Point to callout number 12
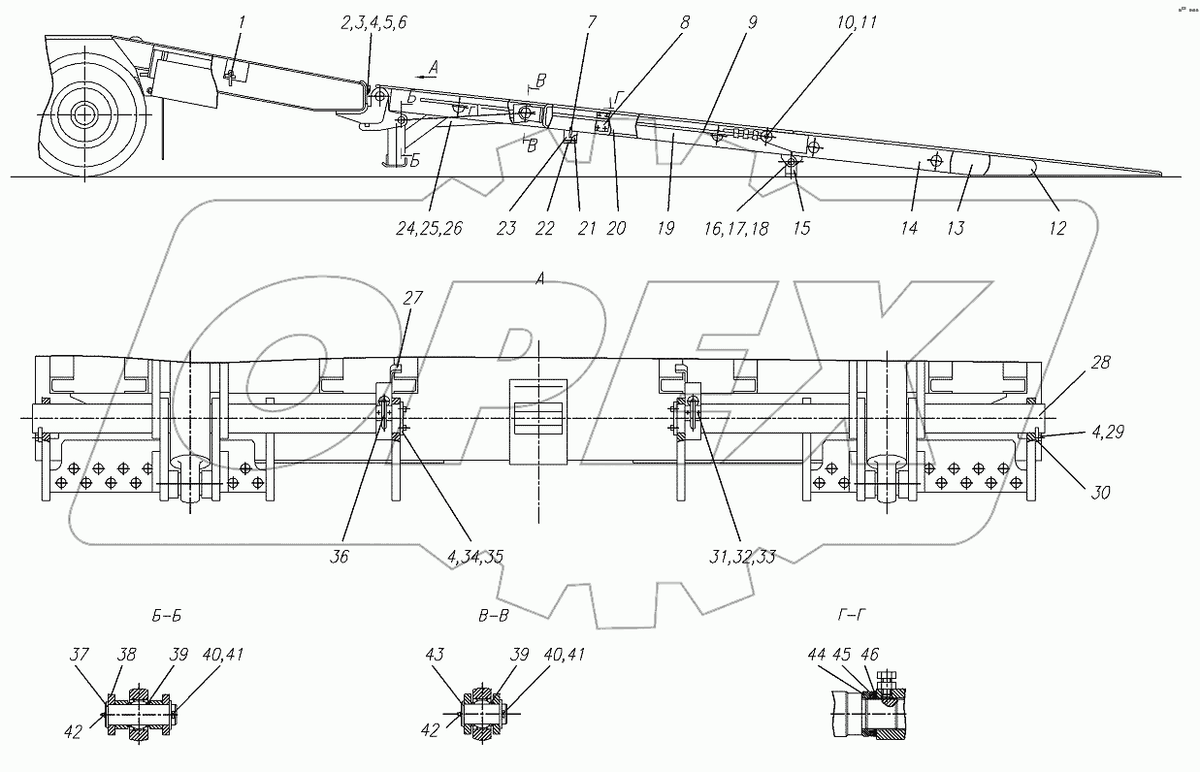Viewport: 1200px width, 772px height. tap(1056, 229)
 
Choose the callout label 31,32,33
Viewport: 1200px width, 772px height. tap(740, 557)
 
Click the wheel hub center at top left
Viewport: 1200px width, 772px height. tap(84, 113)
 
